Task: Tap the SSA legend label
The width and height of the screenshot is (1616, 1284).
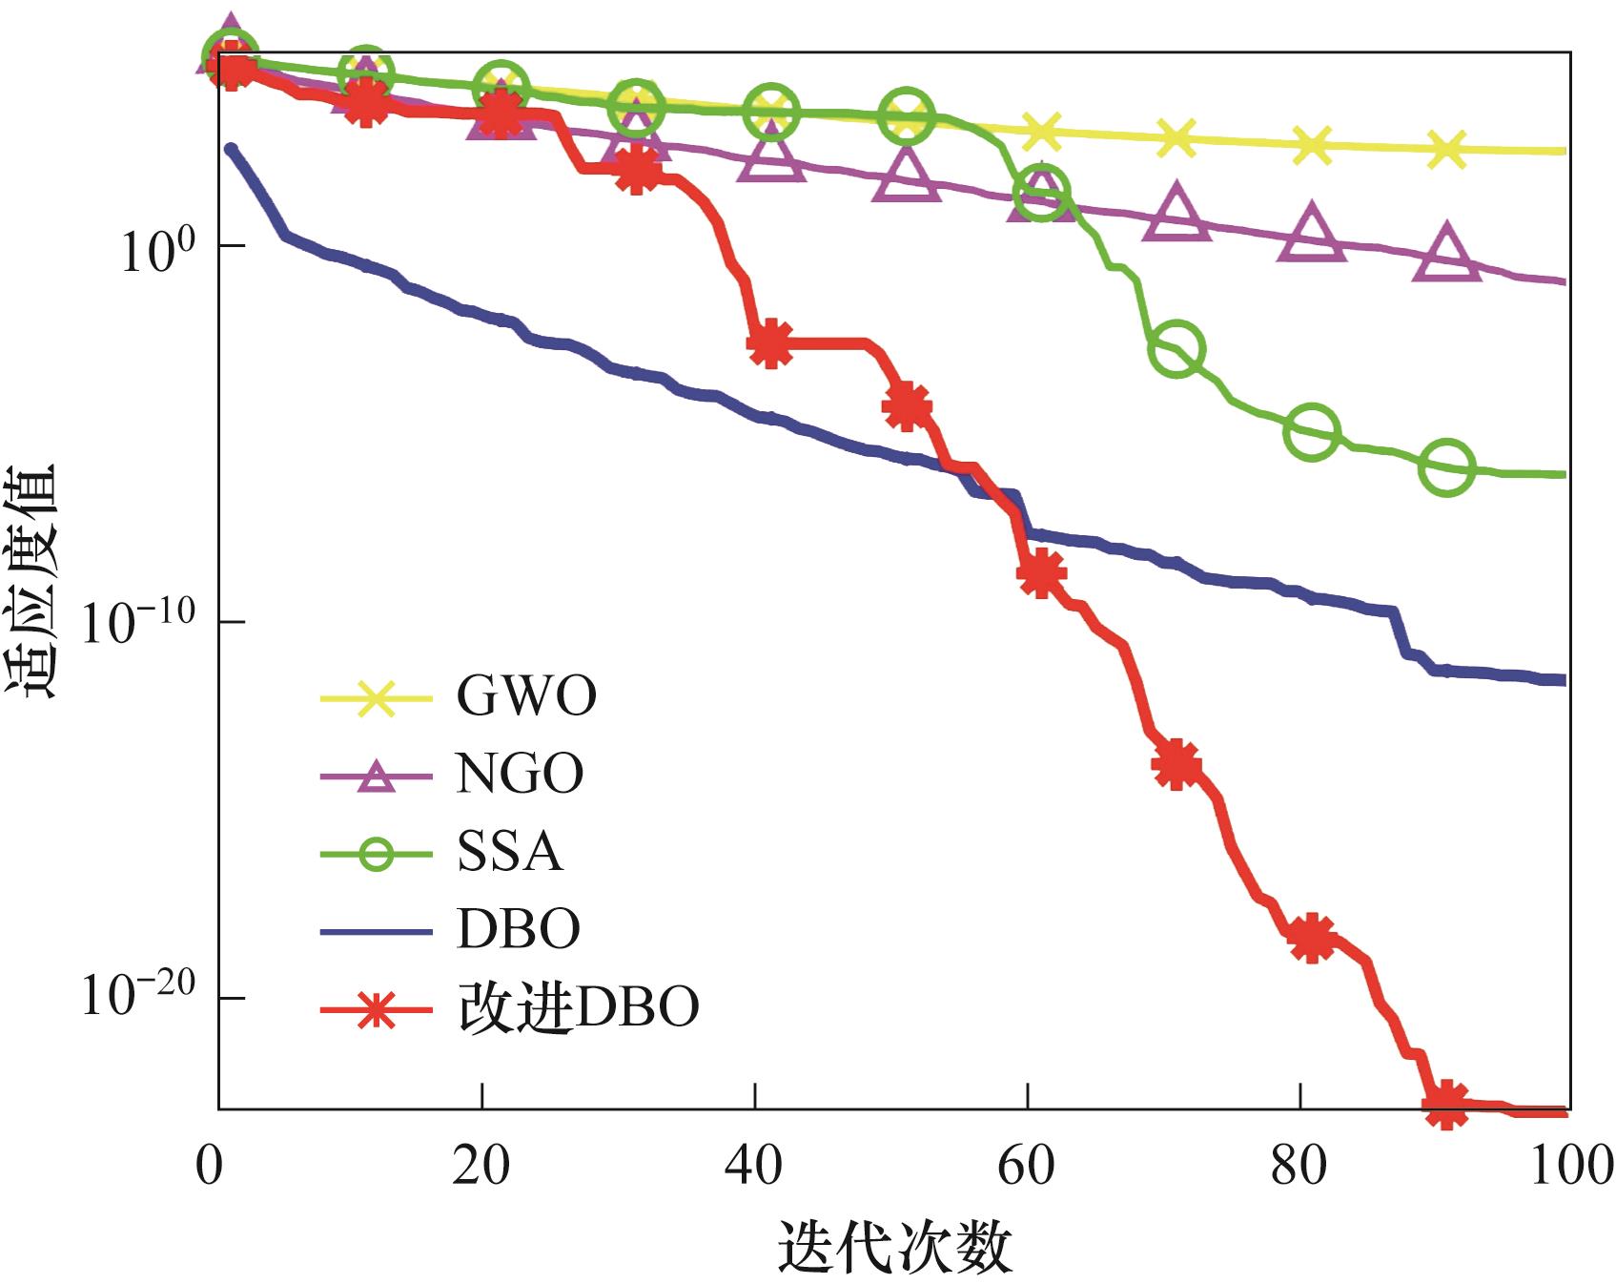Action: click(x=509, y=852)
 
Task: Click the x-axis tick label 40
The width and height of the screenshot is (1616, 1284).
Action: click(x=754, y=1166)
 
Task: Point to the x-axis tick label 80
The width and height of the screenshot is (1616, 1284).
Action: click(x=1299, y=1166)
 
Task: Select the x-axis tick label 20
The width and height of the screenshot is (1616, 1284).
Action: click(x=481, y=1166)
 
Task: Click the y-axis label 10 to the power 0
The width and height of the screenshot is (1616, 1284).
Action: click(x=157, y=250)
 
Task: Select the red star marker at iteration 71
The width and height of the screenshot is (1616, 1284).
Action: click(x=1176, y=764)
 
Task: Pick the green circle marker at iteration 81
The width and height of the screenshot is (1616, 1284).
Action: click(x=1312, y=431)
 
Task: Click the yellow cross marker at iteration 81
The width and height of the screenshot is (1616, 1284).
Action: click(x=1312, y=145)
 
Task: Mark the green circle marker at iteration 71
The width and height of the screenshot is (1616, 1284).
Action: click(x=1177, y=349)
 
